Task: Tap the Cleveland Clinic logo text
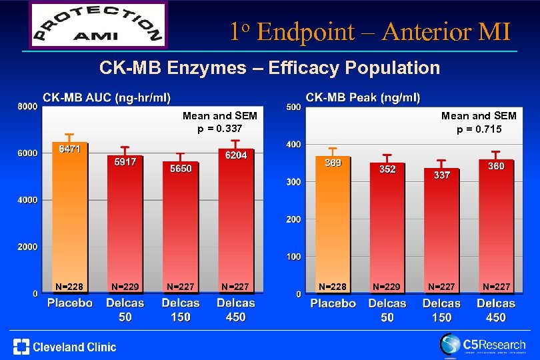(65, 347)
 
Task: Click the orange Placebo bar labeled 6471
(70, 220)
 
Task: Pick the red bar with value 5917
(125, 227)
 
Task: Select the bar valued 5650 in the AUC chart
(180, 230)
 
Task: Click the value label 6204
(236, 155)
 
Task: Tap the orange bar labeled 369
(333, 227)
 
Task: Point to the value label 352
(387, 169)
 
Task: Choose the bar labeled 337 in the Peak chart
(442, 233)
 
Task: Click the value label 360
(496, 166)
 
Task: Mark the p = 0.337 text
(220, 128)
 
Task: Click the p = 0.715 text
(479, 129)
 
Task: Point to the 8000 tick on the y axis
(27, 107)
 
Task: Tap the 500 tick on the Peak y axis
(293, 107)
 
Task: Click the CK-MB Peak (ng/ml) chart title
(363, 97)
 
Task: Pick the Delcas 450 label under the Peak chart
(496, 310)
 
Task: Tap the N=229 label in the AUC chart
(125, 287)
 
